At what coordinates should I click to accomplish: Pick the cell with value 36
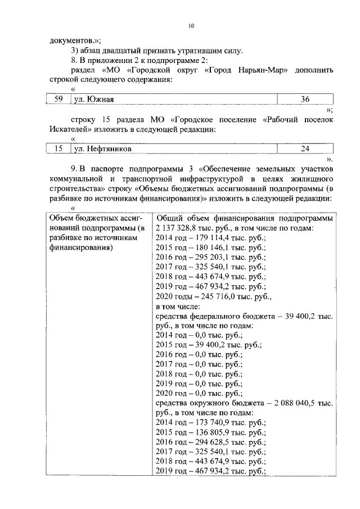305,100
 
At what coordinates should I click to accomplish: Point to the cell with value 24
305,149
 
